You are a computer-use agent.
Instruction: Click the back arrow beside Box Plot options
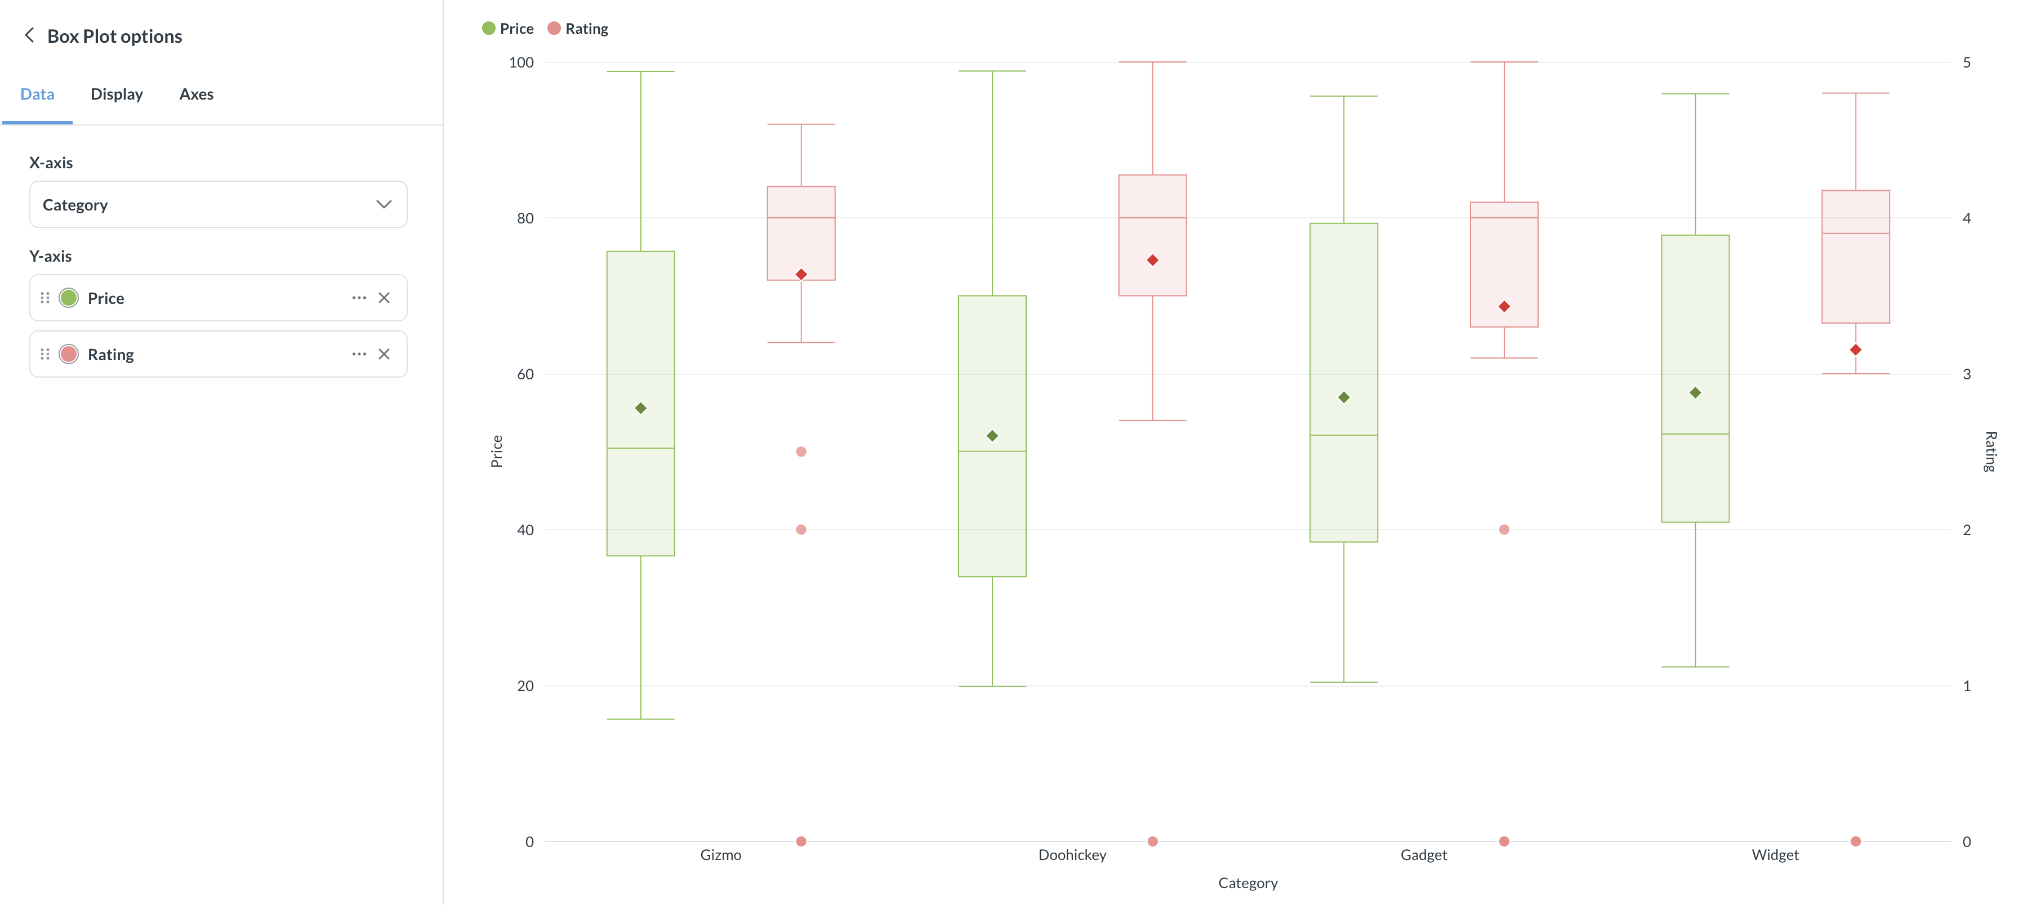point(30,35)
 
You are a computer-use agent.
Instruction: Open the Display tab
point(116,94)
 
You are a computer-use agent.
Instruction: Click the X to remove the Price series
point(384,298)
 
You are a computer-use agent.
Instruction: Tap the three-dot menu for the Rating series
point(359,355)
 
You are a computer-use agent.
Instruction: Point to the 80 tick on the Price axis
point(524,218)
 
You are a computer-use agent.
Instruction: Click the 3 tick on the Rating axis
point(1967,374)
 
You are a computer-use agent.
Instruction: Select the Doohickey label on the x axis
point(1071,855)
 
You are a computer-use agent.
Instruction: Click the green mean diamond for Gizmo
point(641,408)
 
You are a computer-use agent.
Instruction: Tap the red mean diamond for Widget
point(1855,350)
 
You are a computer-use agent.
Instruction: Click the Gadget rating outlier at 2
point(1504,530)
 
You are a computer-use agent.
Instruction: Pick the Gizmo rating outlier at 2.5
point(801,452)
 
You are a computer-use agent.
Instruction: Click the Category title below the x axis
point(1247,883)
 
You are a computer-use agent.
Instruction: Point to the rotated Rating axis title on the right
point(1990,451)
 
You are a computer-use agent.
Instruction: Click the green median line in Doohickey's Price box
point(992,451)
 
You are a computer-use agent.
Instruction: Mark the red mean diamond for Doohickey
point(1152,261)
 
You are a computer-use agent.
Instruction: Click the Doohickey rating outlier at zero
point(1152,841)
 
